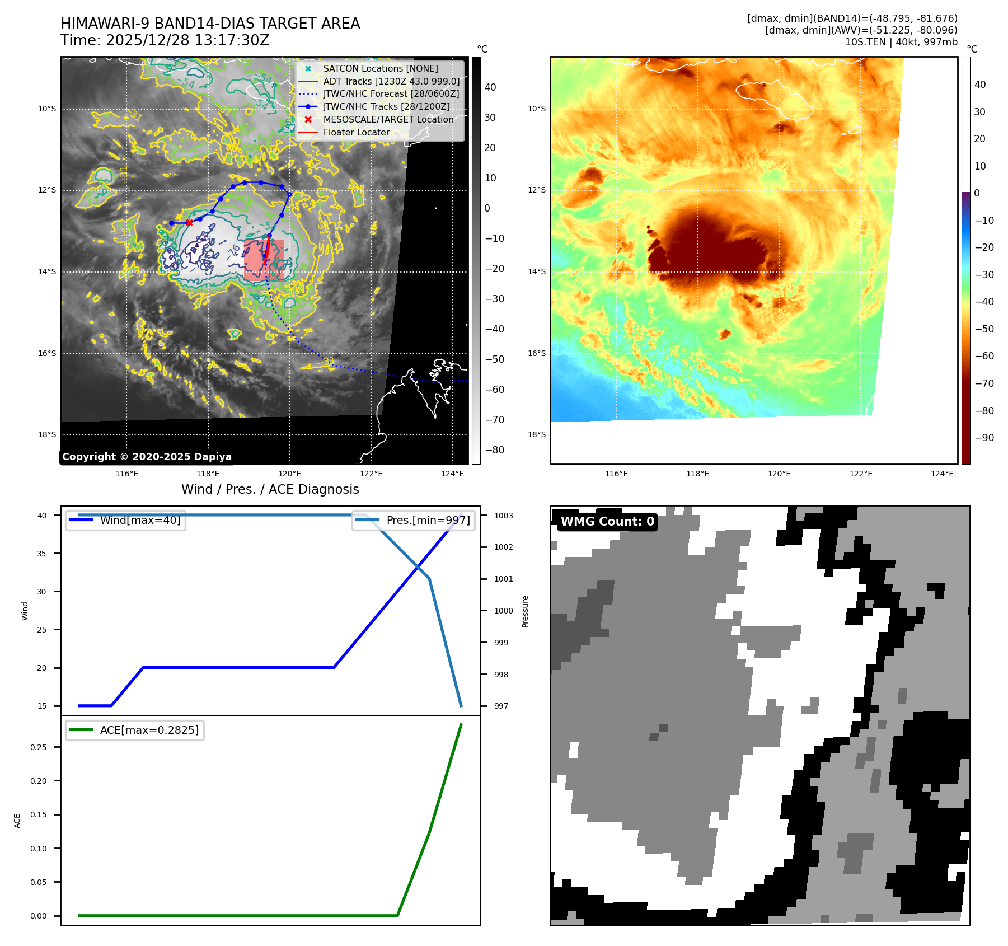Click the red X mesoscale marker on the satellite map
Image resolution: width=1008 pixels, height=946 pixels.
(189, 222)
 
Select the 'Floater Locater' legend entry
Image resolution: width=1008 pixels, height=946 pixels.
(356, 133)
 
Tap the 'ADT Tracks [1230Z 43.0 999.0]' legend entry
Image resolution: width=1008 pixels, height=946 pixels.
(391, 81)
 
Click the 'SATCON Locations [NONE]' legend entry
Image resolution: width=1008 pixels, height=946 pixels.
(381, 68)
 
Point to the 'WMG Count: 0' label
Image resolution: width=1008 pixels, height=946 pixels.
(607, 522)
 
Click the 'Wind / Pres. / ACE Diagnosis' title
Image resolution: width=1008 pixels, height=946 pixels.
(270, 489)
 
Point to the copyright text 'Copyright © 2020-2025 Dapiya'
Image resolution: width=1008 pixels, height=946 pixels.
(147, 457)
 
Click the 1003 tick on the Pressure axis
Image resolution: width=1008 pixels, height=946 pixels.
(503, 516)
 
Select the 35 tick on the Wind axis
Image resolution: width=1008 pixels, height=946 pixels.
(42, 554)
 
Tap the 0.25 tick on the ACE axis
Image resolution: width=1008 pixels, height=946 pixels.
(39, 747)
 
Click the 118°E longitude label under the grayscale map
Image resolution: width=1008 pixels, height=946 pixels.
(208, 474)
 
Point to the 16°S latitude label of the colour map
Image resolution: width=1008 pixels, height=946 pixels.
(536, 353)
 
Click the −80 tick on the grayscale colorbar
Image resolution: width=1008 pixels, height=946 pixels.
(494, 450)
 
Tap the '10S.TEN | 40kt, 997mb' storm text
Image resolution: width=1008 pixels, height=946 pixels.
(901, 42)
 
